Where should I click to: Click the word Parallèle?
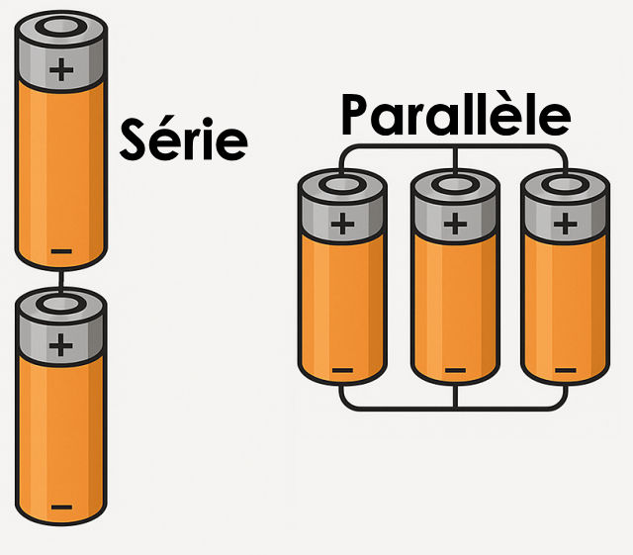click(456, 115)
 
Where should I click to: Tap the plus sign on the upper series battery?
click(61, 69)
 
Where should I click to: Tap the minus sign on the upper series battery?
click(60, 251)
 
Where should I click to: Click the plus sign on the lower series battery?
click(61, 344)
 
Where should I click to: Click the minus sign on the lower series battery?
click(60, 508)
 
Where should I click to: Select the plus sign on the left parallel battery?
click(342, 223)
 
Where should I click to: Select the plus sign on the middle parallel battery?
click(455, 223)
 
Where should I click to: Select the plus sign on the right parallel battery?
click(566, 223)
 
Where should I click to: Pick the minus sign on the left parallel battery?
click(342, 371)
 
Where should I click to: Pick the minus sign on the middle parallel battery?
click(455, 371)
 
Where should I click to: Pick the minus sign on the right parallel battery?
click(566, 371)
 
